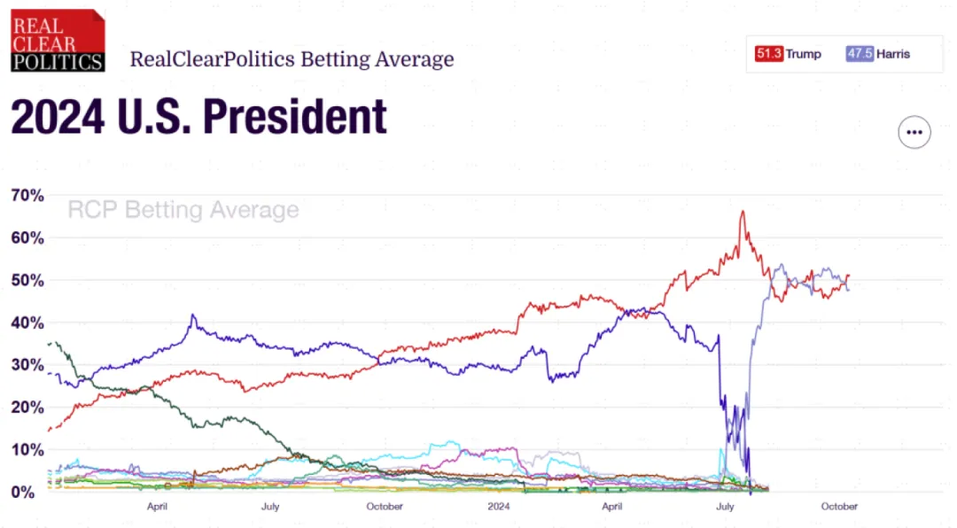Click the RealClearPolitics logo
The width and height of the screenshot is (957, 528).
tap(58, 40)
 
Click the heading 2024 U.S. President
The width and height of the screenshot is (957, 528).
tap(198, 117)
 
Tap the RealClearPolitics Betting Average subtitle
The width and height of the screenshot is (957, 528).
tap(292, 59)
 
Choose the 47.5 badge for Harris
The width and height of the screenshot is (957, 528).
tap(860, 54)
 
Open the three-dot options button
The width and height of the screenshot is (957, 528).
tap(914, 133)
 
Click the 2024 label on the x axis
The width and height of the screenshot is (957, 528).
tap(499, 507)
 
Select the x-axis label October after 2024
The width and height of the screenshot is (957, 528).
tap(839, 507)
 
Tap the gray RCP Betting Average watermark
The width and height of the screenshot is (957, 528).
tap(183, 210)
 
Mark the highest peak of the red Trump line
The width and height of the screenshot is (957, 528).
tap(743, 211)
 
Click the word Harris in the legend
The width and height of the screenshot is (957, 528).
tap(894, 54)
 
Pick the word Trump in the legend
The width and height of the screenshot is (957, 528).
tap(804, 54)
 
